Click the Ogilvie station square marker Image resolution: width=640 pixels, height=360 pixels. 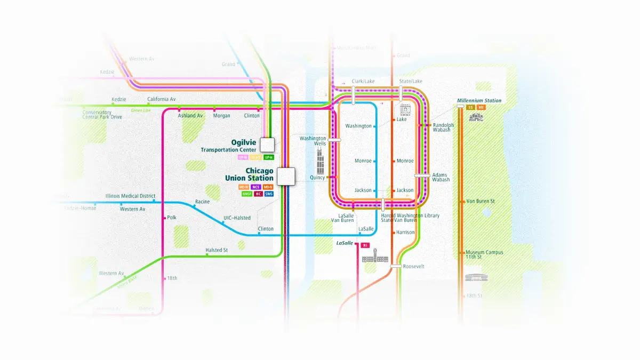click(x=267, y=144)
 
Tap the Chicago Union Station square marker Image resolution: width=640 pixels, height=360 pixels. click(x=286, y=176)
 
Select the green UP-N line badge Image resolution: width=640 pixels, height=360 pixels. click(x=268, y=157)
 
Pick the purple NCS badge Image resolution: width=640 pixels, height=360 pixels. click(x=256, y=187)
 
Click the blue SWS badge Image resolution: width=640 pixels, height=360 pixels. click(x=268, y=194)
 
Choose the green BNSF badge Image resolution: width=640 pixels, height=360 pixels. click(x=247, y=194)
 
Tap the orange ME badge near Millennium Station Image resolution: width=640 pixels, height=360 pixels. click(x=481, y=107)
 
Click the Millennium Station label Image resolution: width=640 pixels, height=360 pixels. click(x=479, y=100)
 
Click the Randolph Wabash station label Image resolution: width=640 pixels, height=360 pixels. click(x=443, y=127)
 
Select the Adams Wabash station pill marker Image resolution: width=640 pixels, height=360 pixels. click(x=422, y=175)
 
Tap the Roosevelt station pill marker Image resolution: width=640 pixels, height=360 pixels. click(x=396, y=266)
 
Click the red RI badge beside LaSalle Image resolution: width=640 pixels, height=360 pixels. click(x=365, y=245)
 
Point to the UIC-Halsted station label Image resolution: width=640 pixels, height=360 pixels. click(x=237, y=218)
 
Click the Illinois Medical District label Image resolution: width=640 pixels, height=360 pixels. click(x=130, y=196)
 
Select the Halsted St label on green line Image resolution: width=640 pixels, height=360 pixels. click(x=217, y=250)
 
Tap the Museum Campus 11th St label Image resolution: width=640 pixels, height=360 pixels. click(x=484, y=254)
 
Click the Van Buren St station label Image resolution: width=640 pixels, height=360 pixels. click(x=481, y=201)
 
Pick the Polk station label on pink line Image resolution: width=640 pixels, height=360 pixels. click(x=171, y=218)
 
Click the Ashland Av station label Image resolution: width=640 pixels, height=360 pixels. click(x=190, y=115)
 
